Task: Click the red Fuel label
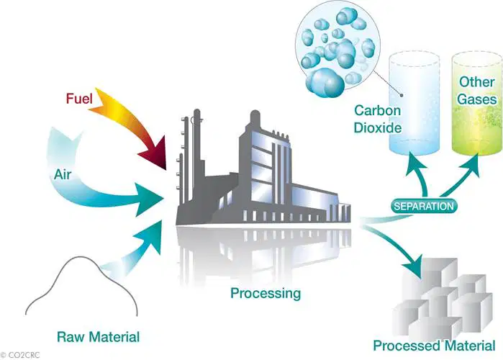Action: [x=79, y=99]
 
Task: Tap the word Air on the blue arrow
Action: [x=63, y=175]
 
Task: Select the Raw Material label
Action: [x=98, y=337]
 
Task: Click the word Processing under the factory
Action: [x=266, y=293]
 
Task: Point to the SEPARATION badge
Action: [x=424, y=206]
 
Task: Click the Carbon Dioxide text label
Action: [x=378, y=119]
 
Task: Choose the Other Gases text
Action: [x=476, y=91]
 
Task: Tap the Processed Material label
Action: [x=434, y=346]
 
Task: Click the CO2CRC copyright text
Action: [x=20, y=355]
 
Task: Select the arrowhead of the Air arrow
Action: [x=148, y=199]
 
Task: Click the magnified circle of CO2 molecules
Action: [x=337, y=48]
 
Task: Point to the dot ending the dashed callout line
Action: [x=402, y=95]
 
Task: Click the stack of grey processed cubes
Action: [x=443, y=297]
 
